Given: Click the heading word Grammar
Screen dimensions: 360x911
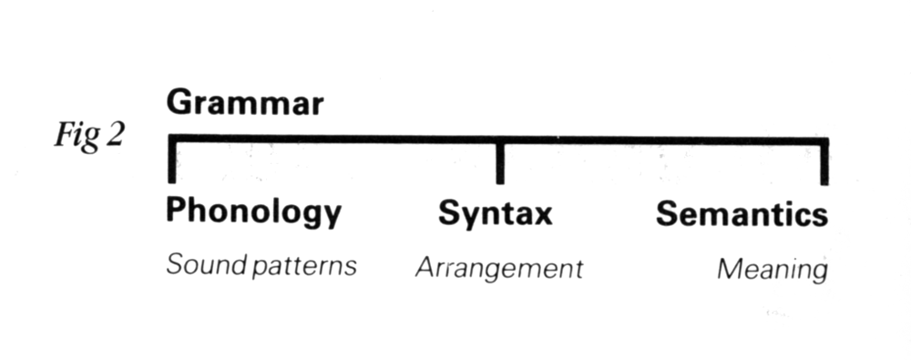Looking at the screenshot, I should click(244, 104).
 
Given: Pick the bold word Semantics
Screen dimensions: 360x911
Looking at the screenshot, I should click(742, 215).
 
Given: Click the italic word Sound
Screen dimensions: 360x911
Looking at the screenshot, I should click(199, 267).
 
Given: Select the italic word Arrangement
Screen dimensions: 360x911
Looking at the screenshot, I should click(498, 269).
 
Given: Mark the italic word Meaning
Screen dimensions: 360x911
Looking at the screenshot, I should click(773, 270).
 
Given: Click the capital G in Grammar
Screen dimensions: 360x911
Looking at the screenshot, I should click(178, 103).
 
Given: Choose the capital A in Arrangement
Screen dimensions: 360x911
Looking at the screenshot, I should click(424, 268).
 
